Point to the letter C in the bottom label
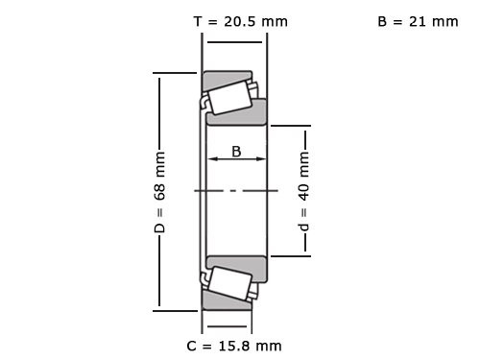(192, 345)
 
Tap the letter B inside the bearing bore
(236, 151)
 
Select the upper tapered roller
(228, 97)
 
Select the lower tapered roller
(228, 284)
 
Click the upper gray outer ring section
(228, 76)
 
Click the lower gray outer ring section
(228, 304)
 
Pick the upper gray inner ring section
(238, 114)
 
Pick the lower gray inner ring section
(238, 265)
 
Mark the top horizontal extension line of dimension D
(179, 72)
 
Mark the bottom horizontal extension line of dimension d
(288, 256)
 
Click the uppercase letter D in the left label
(160, 228)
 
